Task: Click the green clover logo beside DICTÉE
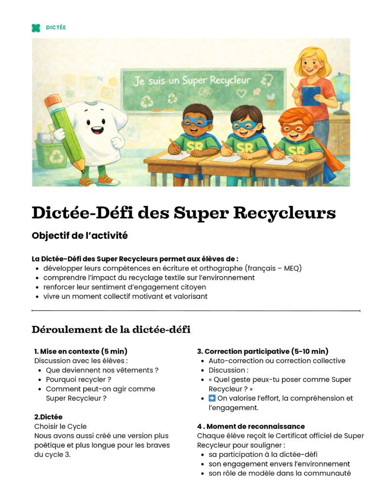click(36, 28)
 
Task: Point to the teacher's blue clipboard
click(311, 95)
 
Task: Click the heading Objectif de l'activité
click(80, 236)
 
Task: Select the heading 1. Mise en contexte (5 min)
click(81, 351)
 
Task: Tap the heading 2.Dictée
click(48, 417)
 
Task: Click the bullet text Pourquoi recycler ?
click(79, 379)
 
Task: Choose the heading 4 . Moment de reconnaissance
click(251, 426)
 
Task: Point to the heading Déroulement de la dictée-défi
click(111, 330)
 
